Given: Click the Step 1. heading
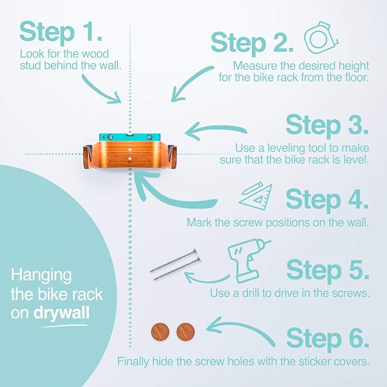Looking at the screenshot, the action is click(x=61, y=32).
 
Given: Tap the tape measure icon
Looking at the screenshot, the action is click(x=321, y=38).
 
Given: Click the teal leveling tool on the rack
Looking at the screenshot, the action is click(x=130, y=137).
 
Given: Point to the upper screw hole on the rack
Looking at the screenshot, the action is click(x=130, y=150).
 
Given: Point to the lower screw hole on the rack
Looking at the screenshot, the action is click(x=130, y=159).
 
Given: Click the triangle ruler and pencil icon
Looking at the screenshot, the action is click(x=256, y=195).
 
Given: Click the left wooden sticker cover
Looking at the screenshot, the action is click(x=160, y=332).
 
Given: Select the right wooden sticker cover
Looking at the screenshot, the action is click(x=186, y=332).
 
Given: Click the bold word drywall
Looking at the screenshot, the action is click(x=61, y=313).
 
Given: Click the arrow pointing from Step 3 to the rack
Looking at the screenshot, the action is click(x=215, y=129).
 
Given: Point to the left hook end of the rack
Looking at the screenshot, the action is click(x=86, y=157).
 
